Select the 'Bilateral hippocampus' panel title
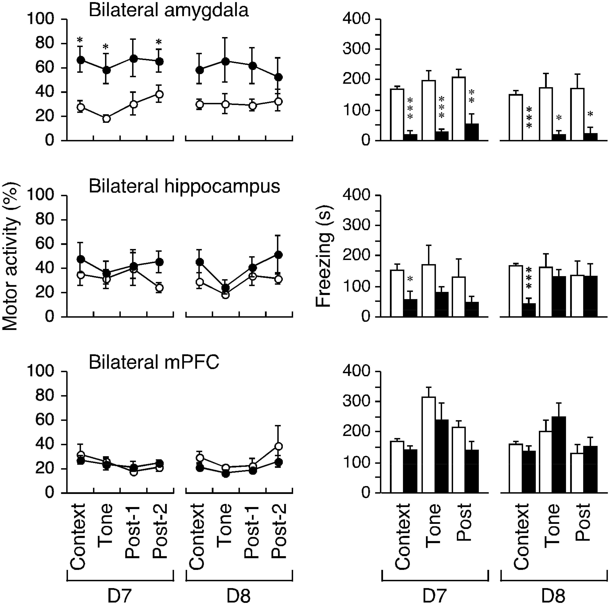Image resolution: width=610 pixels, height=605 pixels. [184, 186]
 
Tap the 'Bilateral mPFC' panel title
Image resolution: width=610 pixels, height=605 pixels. [154, 362]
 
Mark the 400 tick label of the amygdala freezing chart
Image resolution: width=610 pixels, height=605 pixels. [356, 19]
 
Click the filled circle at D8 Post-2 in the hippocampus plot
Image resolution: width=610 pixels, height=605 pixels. [278, 255]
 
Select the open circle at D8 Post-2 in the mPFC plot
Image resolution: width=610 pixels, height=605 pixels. [278, 446]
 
